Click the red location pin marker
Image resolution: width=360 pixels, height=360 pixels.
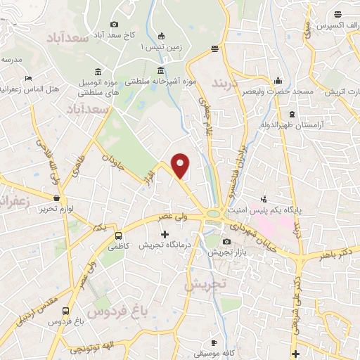(x=181, y=166)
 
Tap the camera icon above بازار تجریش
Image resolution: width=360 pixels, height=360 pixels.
(x=226, y=242)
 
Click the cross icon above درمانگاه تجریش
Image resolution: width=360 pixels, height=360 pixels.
(x=165, y=234)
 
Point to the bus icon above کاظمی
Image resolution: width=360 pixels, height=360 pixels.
(x=118, y=236)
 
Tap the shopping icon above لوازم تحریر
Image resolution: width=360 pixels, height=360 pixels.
(x=56, y=198)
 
